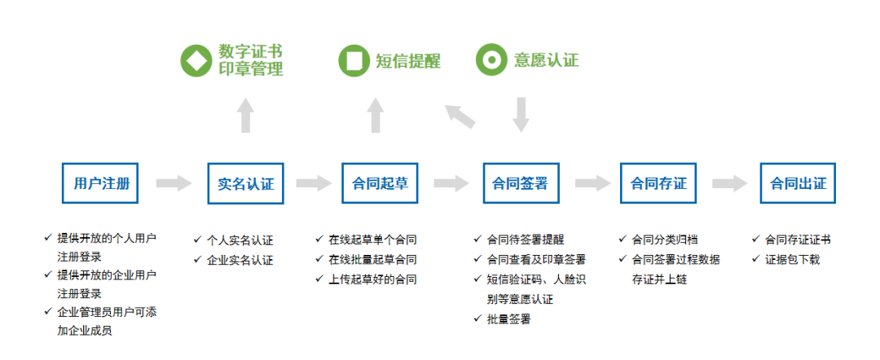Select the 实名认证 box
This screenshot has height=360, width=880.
245,183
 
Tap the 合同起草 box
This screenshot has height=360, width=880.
380,183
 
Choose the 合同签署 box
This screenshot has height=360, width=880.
521,183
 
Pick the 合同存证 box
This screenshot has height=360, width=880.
658,183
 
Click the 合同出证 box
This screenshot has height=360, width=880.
799,183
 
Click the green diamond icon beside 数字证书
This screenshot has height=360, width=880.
196,61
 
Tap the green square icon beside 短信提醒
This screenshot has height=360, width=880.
354,61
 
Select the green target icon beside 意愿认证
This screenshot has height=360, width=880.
491,61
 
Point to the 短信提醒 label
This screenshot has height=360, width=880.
407,61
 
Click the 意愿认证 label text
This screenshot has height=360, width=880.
546,61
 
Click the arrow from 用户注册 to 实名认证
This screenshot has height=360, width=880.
173,183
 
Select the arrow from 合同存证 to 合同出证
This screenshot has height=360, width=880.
728,183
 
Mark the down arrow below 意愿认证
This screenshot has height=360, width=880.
521,115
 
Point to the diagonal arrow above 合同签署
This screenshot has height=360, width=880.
460,116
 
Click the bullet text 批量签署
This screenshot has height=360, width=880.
508,319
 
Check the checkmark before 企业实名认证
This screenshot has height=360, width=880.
197,260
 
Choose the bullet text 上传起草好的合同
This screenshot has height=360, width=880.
372,279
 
